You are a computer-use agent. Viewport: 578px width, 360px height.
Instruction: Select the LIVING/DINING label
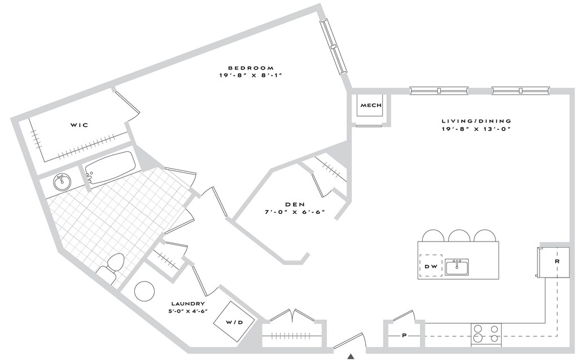pos(476,121)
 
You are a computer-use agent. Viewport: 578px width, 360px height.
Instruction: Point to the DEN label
pos(296,204)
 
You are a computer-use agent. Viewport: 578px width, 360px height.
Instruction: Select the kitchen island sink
pos(457,266)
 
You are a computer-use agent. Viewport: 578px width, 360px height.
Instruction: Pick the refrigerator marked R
pos(554,262)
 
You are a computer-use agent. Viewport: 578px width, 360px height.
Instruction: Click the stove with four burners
pos(486,334)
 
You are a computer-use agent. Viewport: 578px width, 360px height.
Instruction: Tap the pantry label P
pos(404,335)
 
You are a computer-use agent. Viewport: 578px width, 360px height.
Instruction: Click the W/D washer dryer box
pos(234,322)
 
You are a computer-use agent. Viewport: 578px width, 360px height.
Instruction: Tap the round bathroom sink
pos(62,182)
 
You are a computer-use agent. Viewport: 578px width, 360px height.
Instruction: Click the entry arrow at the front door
pos(351,356)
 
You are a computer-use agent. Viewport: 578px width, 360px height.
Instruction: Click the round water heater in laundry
pos(144,291)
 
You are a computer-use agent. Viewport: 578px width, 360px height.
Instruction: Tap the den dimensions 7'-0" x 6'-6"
pos(296,213)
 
